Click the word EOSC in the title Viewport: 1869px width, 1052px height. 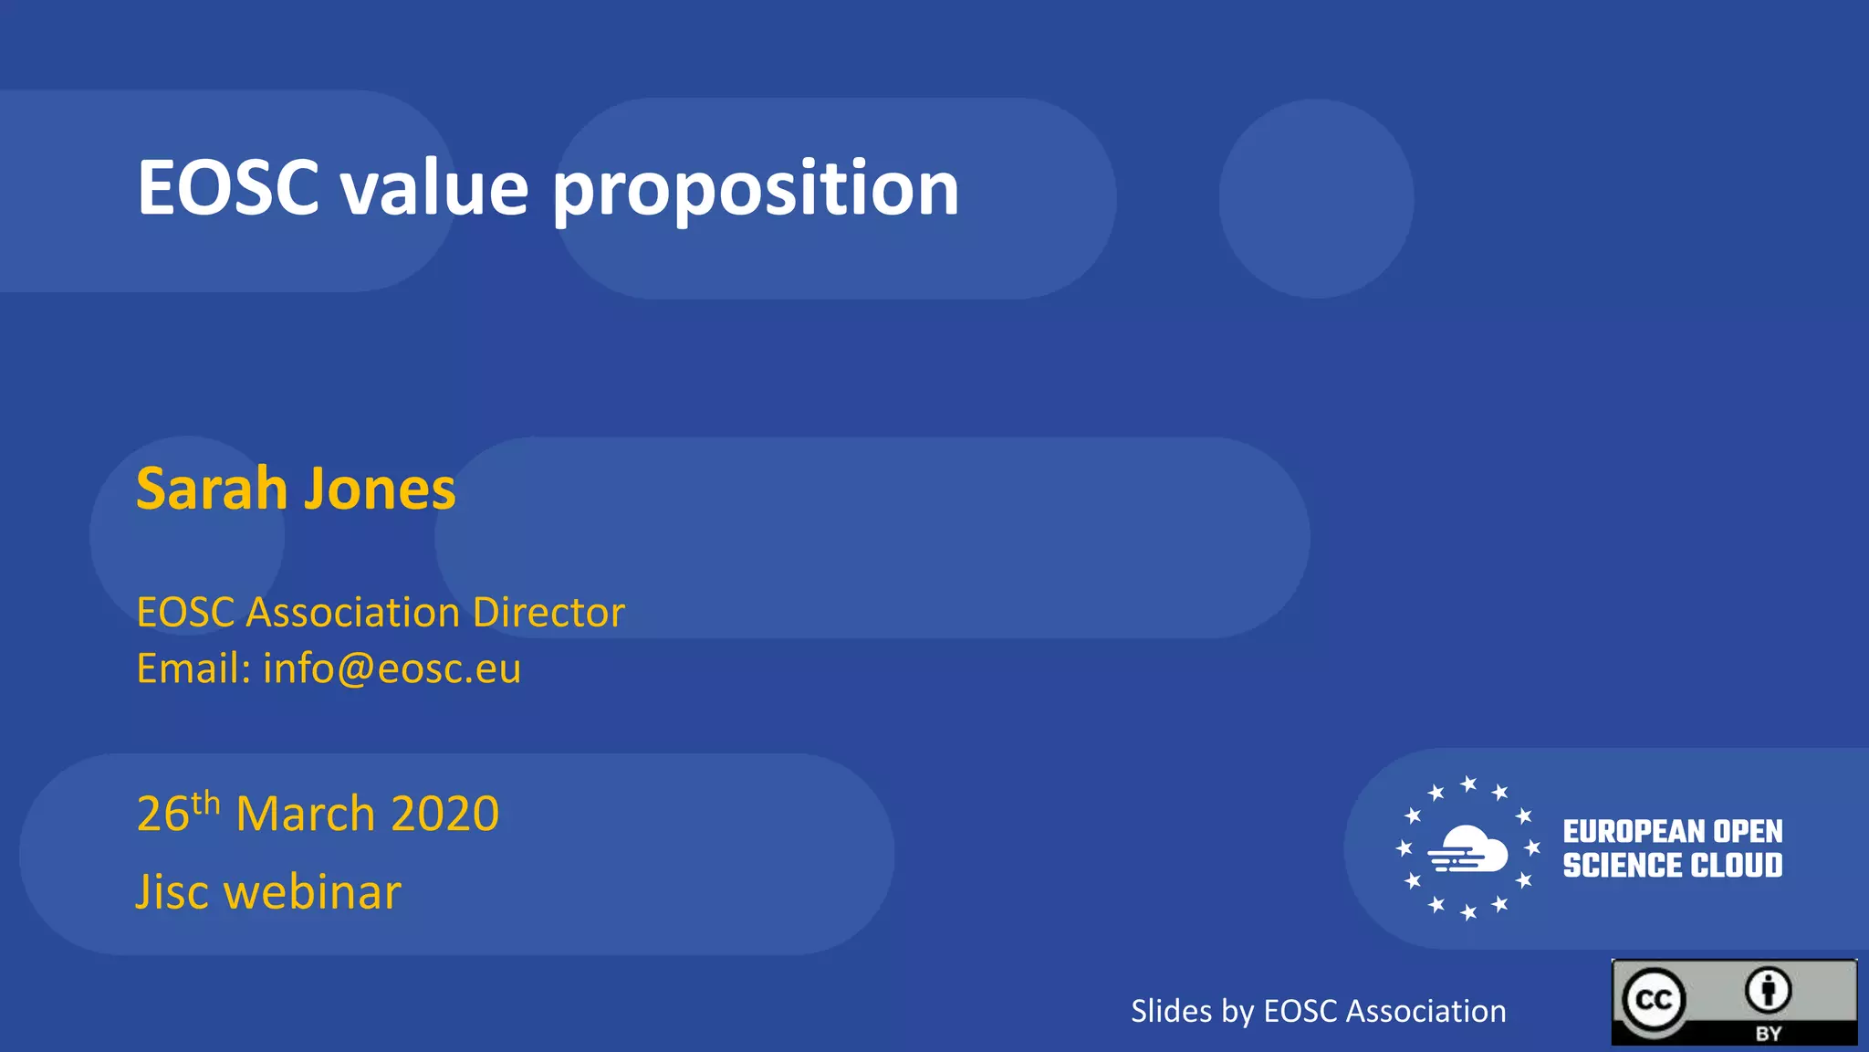[228, 188]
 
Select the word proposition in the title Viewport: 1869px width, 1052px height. [756, 190]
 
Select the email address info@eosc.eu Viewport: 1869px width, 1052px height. [392, 668]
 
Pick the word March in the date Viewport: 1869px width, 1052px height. [305, 814]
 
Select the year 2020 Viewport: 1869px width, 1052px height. [445, 814]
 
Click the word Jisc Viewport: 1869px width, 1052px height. [173, 892]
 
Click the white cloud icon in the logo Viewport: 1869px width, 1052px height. [1469, 849]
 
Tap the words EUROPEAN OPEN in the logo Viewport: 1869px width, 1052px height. [1672, 831]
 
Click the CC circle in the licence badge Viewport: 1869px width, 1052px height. [1654, 1000]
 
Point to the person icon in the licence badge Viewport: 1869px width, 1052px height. [1769, 990]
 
